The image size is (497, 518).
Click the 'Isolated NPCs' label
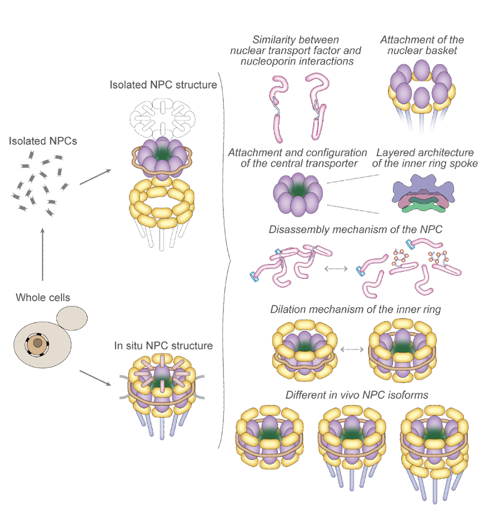[43, 142]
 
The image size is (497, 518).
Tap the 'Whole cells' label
[43, 298]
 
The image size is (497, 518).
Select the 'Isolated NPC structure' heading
[163, 85]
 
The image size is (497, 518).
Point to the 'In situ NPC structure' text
[163, 346]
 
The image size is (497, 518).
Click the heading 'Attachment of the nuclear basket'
[422, 45]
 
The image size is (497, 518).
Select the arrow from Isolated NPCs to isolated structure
[95, 177]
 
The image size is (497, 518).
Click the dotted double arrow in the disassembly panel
[336, 268]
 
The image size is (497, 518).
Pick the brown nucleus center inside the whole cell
[37, 344]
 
